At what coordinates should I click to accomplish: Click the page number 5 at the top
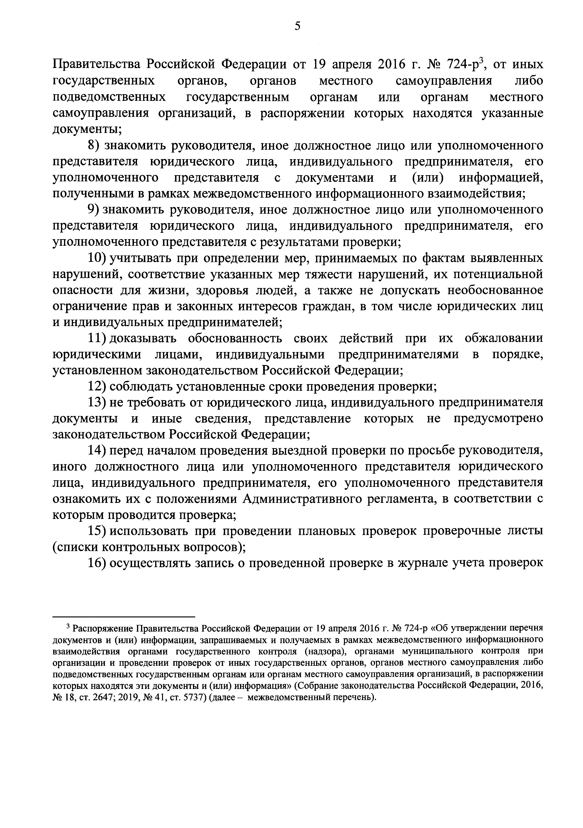[x=297, y=26]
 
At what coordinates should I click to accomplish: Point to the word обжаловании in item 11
[x=503, y=338]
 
